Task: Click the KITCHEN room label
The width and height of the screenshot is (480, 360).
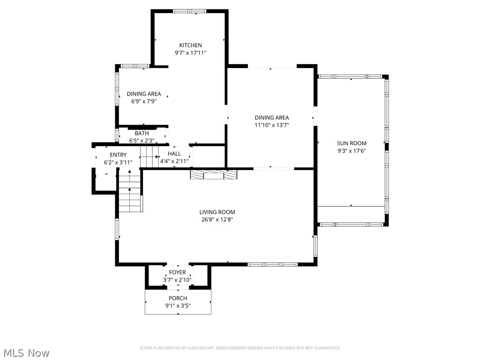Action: pos(190,45)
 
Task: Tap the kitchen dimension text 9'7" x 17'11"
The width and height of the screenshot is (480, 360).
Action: pos(190,53)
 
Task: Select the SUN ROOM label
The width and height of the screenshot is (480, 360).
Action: pos(352,143)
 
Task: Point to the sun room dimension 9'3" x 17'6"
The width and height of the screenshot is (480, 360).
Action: pos(352,151)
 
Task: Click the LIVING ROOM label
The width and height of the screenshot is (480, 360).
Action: pos(217,212)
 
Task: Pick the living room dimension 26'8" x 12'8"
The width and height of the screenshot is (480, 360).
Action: pos(217,219)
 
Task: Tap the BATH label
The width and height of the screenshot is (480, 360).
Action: pos(142,134)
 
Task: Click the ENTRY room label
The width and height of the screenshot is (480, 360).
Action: pos(118,155)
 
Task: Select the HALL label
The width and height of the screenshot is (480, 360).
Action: pos(174,154)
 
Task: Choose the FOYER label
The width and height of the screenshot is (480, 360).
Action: pos(177,273)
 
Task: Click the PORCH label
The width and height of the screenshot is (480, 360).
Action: pos(178,299)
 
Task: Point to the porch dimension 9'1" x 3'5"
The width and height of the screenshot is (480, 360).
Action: pos(178,306)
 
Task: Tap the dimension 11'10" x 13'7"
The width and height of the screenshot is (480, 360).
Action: pos(272,125)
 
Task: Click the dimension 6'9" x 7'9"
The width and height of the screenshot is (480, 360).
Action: pos(143,101)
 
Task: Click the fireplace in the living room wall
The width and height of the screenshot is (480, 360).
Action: pos(214,174)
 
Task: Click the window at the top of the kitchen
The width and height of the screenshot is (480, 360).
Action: pos(189,11)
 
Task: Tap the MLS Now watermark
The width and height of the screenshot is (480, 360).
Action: pos(25,352)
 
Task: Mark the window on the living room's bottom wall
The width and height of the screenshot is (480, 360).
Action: pos(272,264)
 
